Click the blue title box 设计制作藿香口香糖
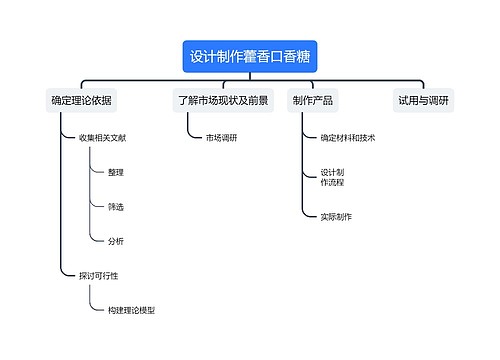click(x=249, y=56)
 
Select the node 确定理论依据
click(x=82, y=100)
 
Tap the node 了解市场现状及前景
click(x=223, y=100)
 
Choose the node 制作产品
click(x=313, y=100)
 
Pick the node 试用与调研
click(x=423, y=100)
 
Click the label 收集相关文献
click(x=102, y=138)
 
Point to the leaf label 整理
click(x=116, y=172)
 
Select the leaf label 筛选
click(x=116, y=207)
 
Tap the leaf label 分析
click(x=116, y=241)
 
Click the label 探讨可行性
click(x=98, y=275)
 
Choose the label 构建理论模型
click(x=131, y=310)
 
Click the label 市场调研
click(x=221, y=138)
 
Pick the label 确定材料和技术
click(x=348, y=138)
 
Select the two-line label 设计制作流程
click(x=332, y=178)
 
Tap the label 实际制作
click(x=336, y=216)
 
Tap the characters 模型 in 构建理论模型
click(x=146, y=310)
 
